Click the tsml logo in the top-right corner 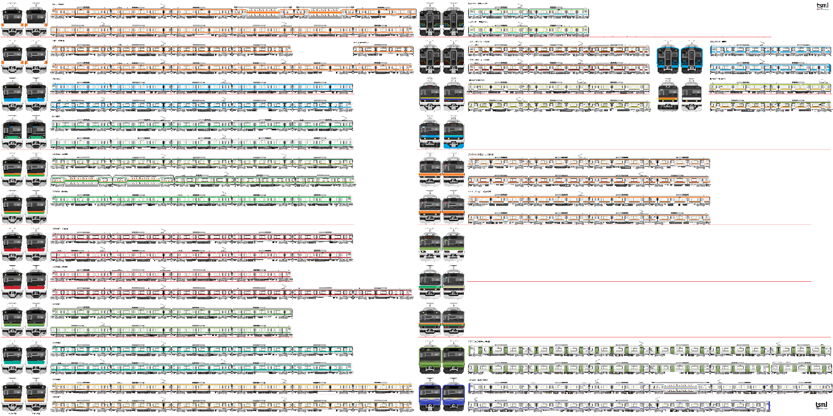tap(822, 6)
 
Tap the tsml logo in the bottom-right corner tap(821, 405)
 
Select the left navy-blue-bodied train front tap(430, 396)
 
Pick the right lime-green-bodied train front tap(453, 359)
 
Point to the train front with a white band tap(691, 96)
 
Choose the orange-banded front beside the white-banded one tap(668, 96)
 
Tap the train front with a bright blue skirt tap(453, 134)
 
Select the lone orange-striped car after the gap tap(383, 50)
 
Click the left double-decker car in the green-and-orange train tap(83, 181)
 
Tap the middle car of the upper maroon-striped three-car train tap(559, 50)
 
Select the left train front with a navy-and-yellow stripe tap(430, 96)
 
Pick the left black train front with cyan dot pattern tap(430, 21)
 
